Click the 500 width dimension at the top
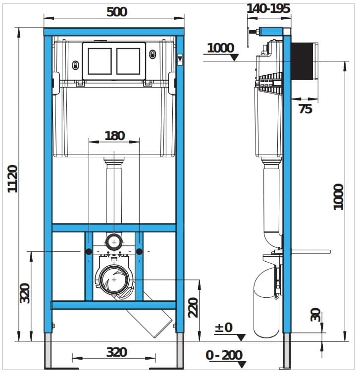[x=117, y=12]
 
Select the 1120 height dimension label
[x=13, y=179]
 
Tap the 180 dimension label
[x=115, y=136]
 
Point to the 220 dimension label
[x=193, y=307]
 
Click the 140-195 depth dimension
[x=268, y=8]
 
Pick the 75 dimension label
[x=306, y=109]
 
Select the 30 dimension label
[x=315, y=315]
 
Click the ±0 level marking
[x=224, y=327]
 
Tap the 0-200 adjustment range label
[x=224, y=355]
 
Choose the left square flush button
[x=100, y=61]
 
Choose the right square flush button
[x=128, y=61]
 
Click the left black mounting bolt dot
[x=89, y=251]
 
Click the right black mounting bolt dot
[x=139, y=251]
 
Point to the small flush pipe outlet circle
[x=114, y=242]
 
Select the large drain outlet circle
[x=114, y=280]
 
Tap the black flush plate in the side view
[x=302, y=61]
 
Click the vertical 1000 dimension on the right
[x=338, y=197]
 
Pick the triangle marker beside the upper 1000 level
[x=235, y=57]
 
